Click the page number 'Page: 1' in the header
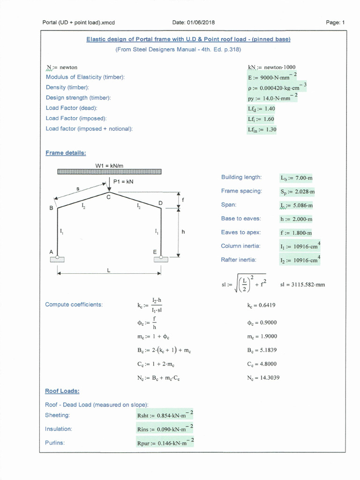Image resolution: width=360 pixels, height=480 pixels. pyautogui.click(x=335, y=22)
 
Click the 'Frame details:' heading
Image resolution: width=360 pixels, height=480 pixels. pyautogui.click(x=66, y=153)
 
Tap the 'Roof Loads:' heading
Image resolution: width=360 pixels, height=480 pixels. pyautogui.click(x=62, y=391)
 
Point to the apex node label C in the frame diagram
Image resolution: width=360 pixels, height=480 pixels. pyautogui.click(x=108, y=197)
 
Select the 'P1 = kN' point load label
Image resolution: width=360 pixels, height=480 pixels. pyautogui.click(x=123, y=181)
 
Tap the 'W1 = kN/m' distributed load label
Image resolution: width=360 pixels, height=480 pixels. pyautogui.click(x=109, y=165)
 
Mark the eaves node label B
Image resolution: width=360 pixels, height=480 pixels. pyautogui.click(x=51, y=208)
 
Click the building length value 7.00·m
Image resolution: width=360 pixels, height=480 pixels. pyautogui.click(x=296, y=178)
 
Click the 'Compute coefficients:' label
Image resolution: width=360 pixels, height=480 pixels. pyautogui.click(x=74, y=305)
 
